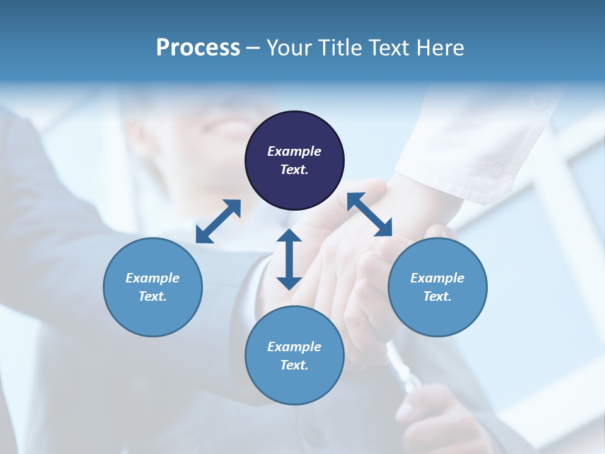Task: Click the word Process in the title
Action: (x=198, y=48)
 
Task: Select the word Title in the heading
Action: (x=341, y=48)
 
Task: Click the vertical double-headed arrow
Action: (x=289, y=259)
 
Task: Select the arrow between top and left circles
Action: (x=218, y=221)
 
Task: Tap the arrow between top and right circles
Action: (x=370, y=215)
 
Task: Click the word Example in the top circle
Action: (x=294, y=151)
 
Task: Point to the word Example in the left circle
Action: (x=153, y=278)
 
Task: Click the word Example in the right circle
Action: (x=437, y=278)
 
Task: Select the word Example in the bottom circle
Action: (x=294, y=347)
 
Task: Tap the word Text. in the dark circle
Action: (x=294, y=170)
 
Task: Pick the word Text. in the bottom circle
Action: (x=294, y=365)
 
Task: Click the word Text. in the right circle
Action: (x=437, y=296)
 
